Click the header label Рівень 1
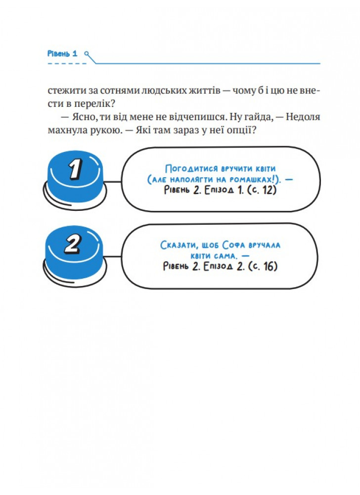pos(62,53)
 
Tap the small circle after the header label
pos(87,54)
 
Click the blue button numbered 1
pos(75,179)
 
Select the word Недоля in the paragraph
pos(303,117)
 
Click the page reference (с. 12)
pos(262,190)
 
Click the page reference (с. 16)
pos(263,266)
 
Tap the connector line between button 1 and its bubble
pos(113,182)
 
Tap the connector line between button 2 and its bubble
pos(113,256)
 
